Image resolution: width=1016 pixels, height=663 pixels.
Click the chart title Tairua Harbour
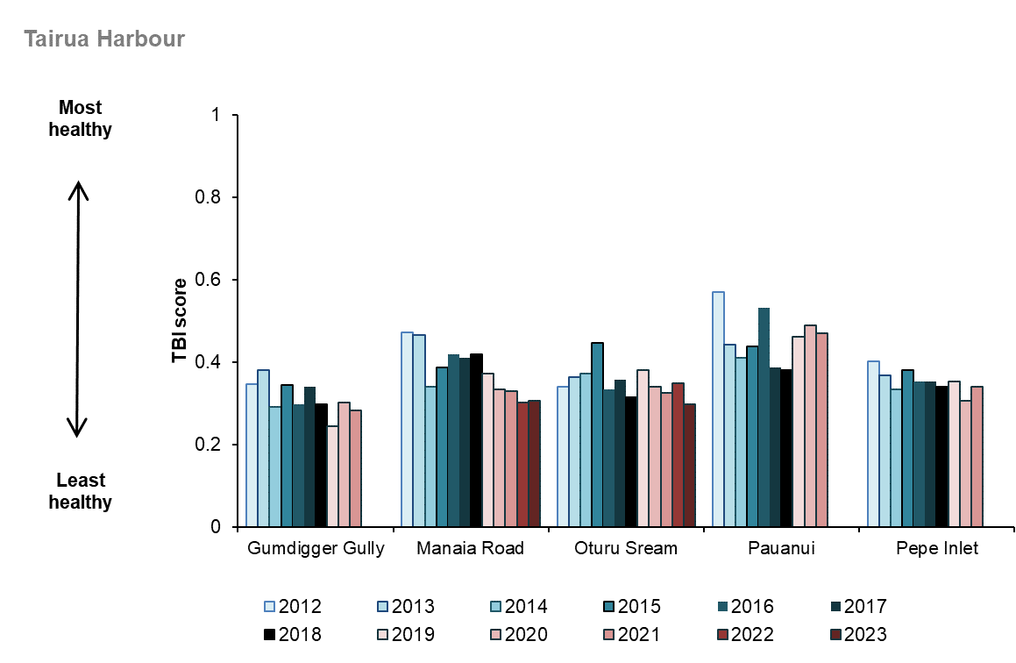click(x=104, y=39)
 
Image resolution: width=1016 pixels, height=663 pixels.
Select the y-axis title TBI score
click(x=179, y=320)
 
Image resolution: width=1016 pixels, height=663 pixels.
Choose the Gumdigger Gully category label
click(x=316, y=550)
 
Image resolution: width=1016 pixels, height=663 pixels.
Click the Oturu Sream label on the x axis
click(x=626, y=550)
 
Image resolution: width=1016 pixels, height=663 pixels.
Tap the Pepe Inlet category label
click(x=937, y=550)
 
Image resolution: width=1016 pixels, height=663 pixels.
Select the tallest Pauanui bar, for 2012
click(x=718, y=409)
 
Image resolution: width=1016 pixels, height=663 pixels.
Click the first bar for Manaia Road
click(x=407, y=430)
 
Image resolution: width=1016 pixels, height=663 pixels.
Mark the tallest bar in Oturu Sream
click(x=597, y=435)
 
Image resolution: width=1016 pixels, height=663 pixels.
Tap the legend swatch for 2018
click(x=270, y=635)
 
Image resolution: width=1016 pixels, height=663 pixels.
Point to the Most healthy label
click(x=81, y=118)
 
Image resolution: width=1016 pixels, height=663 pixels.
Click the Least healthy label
click(x=81, y=491)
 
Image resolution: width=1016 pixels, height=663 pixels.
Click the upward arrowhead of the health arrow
click(x=78, y=187)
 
